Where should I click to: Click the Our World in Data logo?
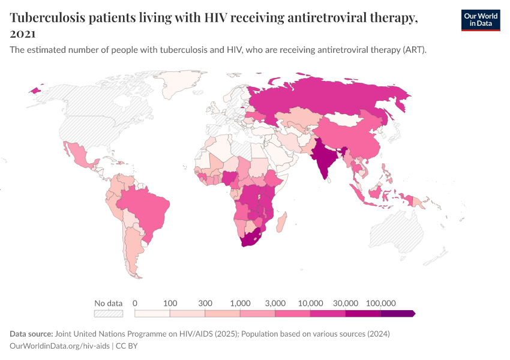(480, 19)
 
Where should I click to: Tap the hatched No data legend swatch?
(108, 313)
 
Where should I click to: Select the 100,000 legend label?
(380, 303)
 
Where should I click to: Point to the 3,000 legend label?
(275, 303)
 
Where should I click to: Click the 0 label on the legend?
(135, 303)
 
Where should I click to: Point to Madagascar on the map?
(283, 221)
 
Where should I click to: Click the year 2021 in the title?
(22, 34)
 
